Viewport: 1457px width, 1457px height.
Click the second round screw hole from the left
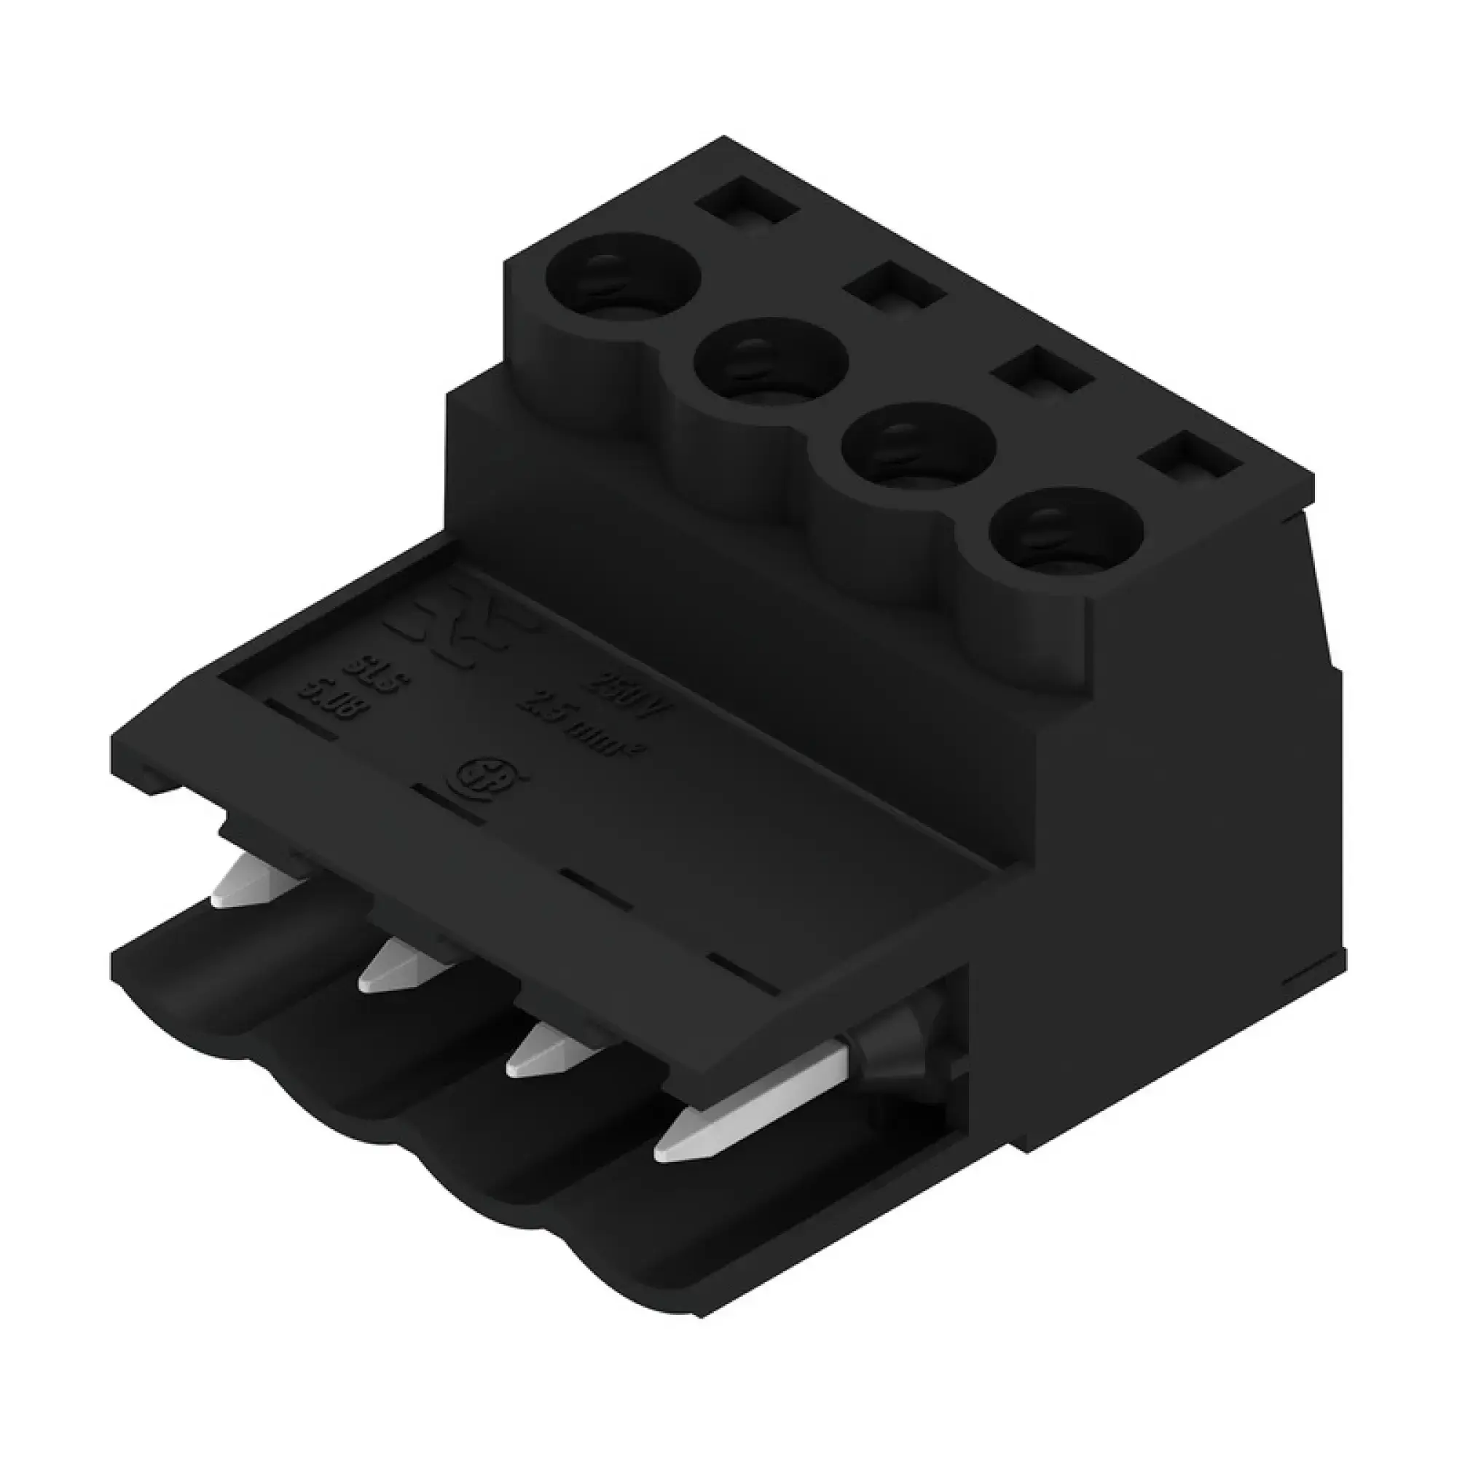coord(771,361)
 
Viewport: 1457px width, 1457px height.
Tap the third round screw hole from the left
coord(919,446)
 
